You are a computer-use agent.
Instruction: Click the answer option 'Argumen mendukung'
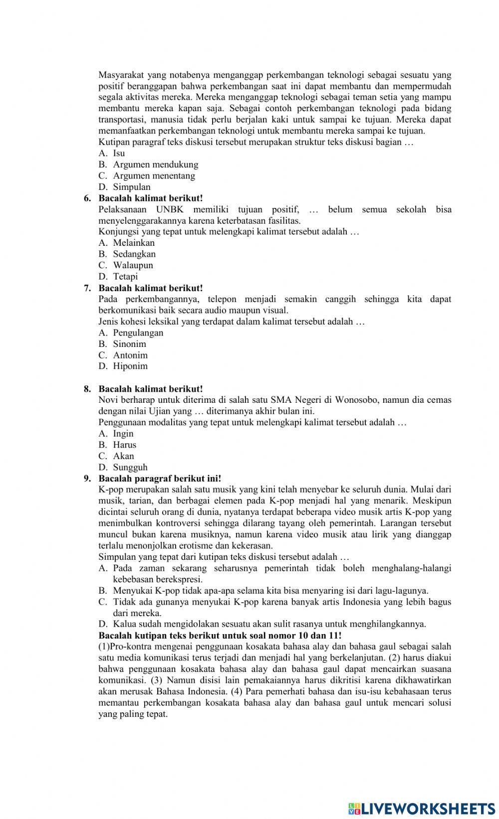(155, 164)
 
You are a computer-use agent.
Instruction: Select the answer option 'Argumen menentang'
(154, 175)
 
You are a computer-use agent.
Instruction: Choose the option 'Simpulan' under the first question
(131, 187)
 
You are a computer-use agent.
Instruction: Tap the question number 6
(87, 198)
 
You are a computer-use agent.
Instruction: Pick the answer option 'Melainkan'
(134, 243)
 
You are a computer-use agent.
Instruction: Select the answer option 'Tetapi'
(125, 276)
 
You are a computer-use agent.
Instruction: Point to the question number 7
(87, 288)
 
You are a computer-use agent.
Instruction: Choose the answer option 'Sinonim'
(129, 343)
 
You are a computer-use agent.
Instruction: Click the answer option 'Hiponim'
(130, 366)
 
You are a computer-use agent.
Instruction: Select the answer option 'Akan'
(123, 456)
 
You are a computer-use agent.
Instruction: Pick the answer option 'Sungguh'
(130, 467)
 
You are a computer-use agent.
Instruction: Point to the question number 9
(87, 479)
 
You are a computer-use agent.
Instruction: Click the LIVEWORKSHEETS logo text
(427, 809)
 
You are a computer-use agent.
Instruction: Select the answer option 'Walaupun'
(133, 265)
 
